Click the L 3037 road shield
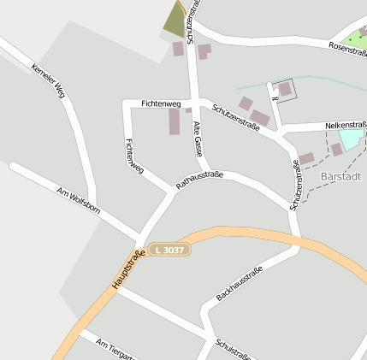169,249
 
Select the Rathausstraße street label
199,180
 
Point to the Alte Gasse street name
198,138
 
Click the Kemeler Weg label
48,80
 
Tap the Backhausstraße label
240,284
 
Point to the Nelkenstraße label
346,126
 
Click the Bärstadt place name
340,176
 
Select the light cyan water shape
350,139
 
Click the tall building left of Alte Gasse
175,121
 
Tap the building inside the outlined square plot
285,89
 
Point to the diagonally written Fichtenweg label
134,157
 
